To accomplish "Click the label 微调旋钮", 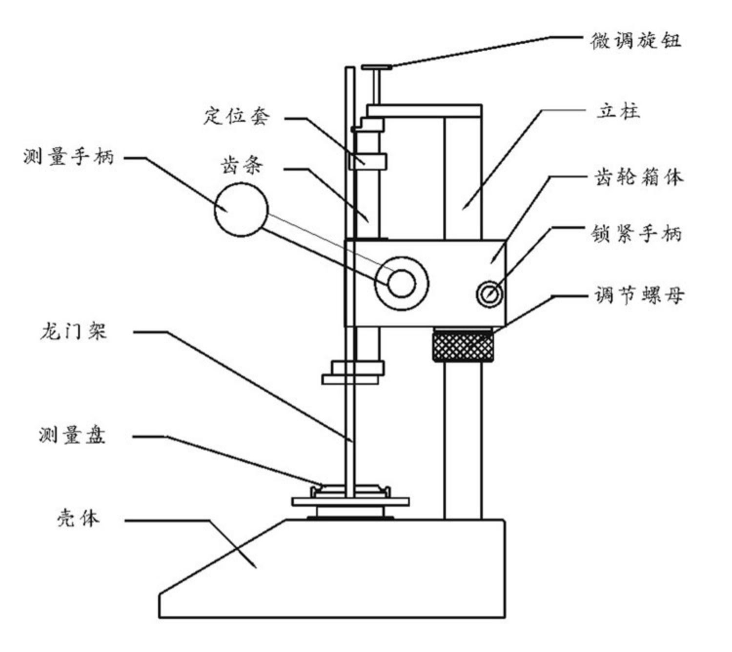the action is coord(635,41).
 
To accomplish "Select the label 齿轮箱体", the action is coord(638,178).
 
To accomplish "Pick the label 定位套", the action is coord(237,116).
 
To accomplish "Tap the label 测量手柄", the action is coord(69,157).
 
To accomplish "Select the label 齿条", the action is coord(242,166).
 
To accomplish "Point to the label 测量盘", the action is coord(72,435).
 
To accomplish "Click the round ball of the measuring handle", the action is coord(241,210).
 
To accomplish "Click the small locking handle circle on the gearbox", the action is coord(489,294).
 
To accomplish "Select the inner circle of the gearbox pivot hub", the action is coord(402,284).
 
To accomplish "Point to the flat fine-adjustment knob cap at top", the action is coord(377,67).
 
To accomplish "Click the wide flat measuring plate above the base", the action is coord(350,502).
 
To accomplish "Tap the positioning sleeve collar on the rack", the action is coord(367,161).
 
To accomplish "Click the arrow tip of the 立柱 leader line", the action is coord(463,209).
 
